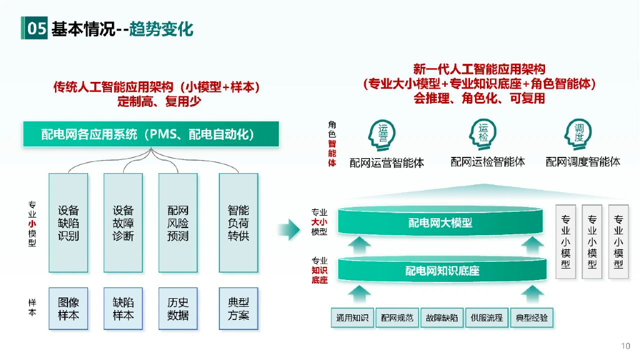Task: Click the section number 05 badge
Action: [x=36, y=28]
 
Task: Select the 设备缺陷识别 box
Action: [x=69, y=222]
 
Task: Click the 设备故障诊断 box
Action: [x=123, y=222]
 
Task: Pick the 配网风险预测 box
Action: [x=178, y=222]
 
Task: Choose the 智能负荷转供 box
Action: [x=238, y=222]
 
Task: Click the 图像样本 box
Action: [x=69, y=308]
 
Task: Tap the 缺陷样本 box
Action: [x=123, y=308]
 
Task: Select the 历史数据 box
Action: [x=178, y=308]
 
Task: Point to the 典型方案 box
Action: [x=238, y=308]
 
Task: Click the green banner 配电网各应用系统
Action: [x=151, y=134]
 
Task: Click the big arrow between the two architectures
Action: [x=289, y=229]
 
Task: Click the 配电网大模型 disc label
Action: [x=440, y=223]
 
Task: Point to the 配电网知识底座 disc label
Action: [x=440, y=271]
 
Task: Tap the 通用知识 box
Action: [x=352, y=317]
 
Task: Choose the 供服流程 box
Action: [x=486, y=317]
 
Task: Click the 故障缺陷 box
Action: [x=442, y=317]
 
